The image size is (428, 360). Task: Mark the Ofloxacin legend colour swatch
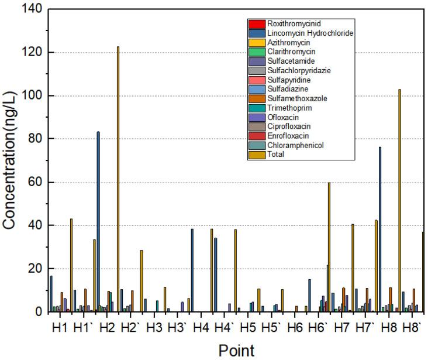[256, 117]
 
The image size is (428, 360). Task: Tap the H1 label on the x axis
[60, 327]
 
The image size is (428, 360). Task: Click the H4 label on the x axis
[201, 327]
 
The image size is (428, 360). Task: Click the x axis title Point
[236, 350]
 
